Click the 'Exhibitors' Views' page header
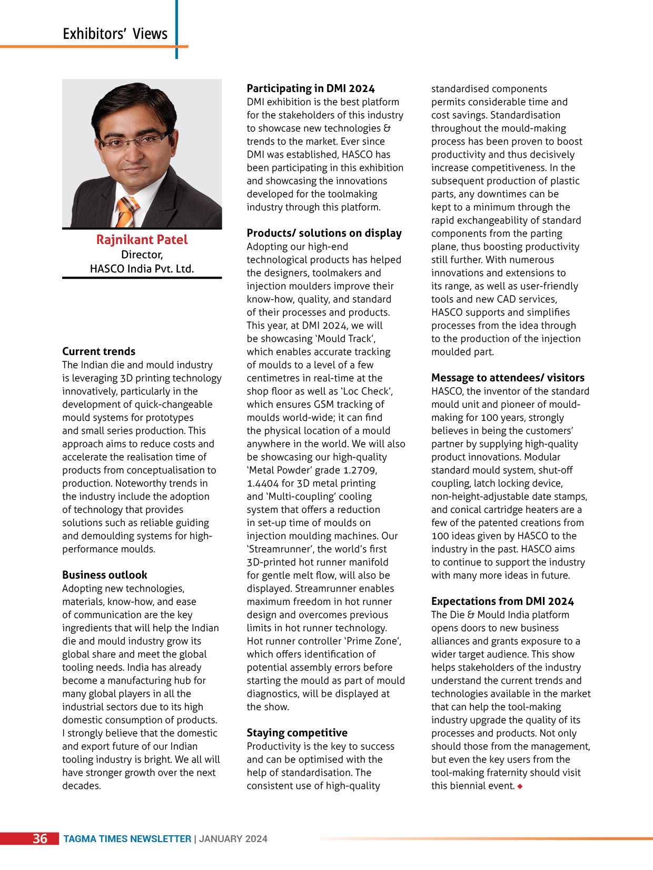tap(115, 34)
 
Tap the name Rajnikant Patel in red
tap(142, 240)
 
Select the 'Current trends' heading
tap(98, 351)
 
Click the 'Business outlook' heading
tap(104, 575)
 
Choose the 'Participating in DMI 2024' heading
tap(311, 88)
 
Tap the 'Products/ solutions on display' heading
tap(324, 233)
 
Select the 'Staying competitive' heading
tap(297, 733)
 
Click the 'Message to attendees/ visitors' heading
tap(508, 378)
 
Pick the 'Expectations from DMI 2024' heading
tap(502, 601)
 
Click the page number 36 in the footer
tap(40, 839)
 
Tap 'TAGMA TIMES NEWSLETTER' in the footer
tap(127, 839)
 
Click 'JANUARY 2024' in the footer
tap(233, 839)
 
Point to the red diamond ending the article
tap(520, 786)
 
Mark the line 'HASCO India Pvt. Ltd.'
tap(142, 269)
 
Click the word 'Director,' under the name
tap(142, 255)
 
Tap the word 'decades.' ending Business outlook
tap(81, 786)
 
